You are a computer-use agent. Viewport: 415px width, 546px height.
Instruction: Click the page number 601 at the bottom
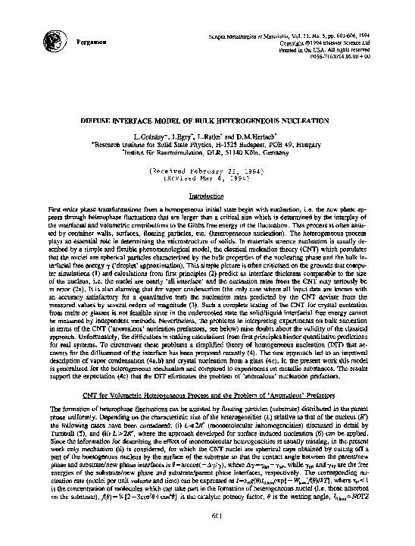point(207,516)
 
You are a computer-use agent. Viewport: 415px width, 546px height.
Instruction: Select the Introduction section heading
point(207,195)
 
